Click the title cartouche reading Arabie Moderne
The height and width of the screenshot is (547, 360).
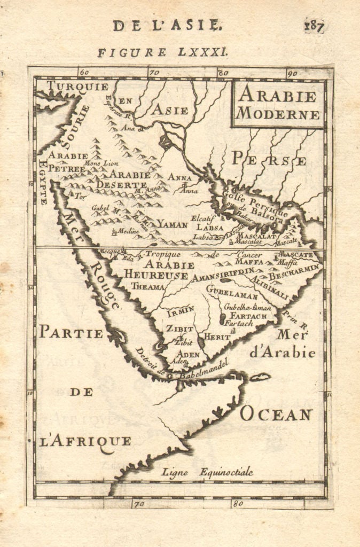[278, 104]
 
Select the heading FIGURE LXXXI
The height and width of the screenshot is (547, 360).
[163, 52]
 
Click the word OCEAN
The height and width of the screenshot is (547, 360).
[276, 413]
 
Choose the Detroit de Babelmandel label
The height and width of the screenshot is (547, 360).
[182, 369]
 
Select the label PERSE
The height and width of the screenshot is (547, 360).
[269, 159]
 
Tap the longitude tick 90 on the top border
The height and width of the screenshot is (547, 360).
[292, 73]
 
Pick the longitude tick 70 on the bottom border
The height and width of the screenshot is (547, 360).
[139, 503]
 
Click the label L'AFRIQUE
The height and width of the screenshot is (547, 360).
[85, 441]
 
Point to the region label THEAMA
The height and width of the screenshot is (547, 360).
[148, 287]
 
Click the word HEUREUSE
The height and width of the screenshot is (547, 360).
[156, 275]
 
